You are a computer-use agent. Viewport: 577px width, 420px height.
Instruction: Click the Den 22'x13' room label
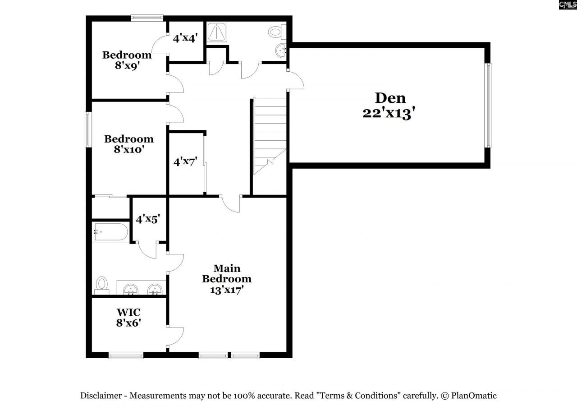click(390, 105)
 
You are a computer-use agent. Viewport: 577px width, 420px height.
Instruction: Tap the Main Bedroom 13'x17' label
click(227, 279)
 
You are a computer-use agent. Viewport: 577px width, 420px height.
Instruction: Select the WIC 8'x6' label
click(129, 318)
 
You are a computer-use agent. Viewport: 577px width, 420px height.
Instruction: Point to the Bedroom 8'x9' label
click(127, 60)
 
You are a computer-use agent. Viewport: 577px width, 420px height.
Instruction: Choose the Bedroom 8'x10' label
click(128, 143)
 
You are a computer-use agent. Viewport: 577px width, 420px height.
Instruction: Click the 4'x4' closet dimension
click(185, 38)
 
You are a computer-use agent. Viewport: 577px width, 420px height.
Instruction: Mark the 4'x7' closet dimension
click(186, 162)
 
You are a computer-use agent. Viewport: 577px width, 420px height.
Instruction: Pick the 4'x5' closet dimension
click(148, 219)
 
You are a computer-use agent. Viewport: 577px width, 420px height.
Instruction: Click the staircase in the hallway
click(270, 135)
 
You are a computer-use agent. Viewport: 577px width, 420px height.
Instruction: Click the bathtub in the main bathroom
click(110, 232)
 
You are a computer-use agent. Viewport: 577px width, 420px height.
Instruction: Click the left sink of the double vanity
click(131, 289)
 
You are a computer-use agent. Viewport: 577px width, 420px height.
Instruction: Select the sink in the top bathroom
click(281, 51)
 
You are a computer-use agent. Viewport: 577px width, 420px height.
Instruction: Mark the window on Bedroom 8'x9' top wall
click(147, 18)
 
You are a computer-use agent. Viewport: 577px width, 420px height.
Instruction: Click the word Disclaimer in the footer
click(101, 396)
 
